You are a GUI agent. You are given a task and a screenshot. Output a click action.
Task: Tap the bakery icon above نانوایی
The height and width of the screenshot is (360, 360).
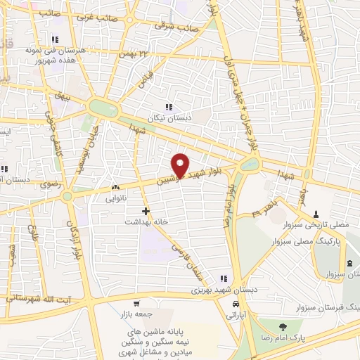tap(116, 188)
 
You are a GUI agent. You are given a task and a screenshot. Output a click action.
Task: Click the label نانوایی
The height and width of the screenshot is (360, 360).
tap(116, 198)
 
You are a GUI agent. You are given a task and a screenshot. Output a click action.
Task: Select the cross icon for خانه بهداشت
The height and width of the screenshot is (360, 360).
tap(146, 211)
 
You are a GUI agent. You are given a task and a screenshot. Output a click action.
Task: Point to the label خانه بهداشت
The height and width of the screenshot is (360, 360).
tap(154, 221)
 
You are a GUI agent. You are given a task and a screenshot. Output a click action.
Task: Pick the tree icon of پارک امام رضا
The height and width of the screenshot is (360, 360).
tap(283, 326)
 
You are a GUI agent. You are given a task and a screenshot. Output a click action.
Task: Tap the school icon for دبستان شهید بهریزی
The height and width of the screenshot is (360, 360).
tap(224, 278)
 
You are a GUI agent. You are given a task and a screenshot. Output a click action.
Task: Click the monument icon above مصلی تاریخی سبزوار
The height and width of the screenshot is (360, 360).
tap(316, 213)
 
